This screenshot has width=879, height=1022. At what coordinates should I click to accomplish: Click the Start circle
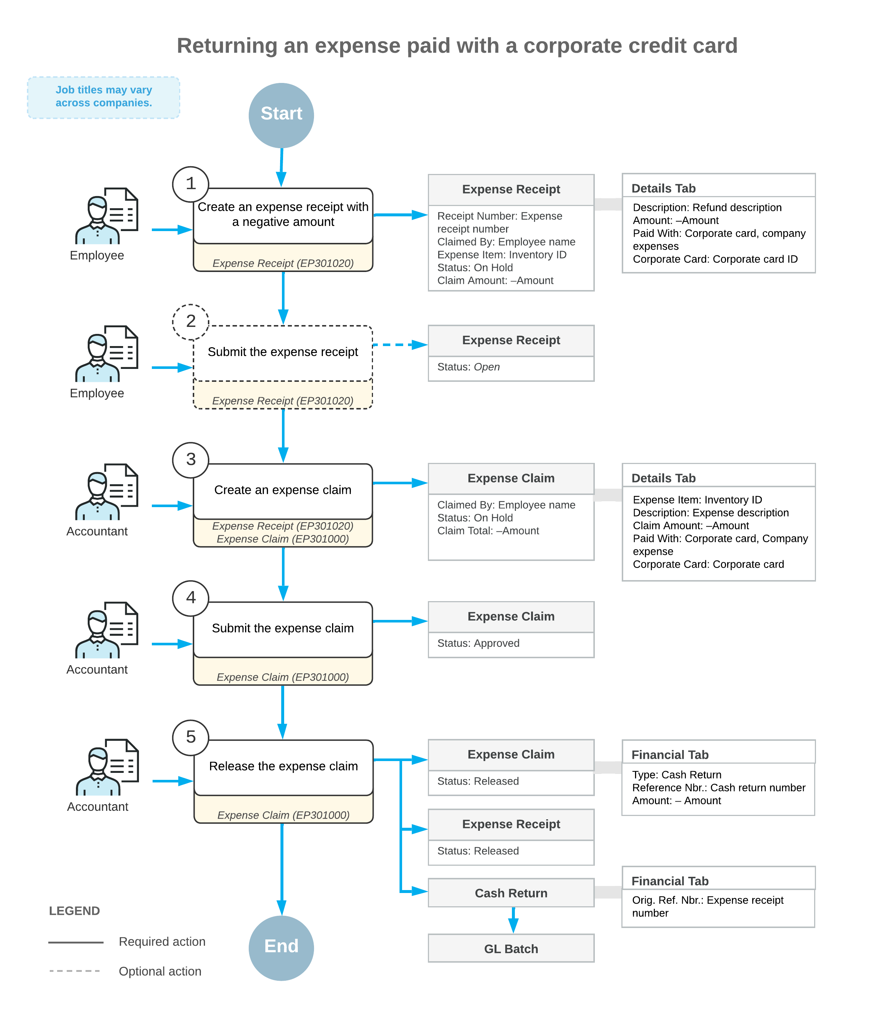click(x=281, y=115)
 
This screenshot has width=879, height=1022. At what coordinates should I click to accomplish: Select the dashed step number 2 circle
click(x=191, y=322)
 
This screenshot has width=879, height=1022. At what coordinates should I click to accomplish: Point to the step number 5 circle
click(x=191, y=737)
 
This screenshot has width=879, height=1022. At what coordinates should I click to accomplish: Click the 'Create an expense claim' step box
click(x=283, y=505)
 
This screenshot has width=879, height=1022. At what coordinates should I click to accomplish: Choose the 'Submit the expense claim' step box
click(x=283, y=643)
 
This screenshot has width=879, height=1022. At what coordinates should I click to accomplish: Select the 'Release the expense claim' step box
click(x=284, y=781)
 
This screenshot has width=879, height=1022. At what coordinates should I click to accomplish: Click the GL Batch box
click(x=511, y=948)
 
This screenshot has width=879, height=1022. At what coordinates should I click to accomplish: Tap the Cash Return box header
click(x=511, y=893)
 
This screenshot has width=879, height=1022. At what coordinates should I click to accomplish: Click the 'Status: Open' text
click(x=468, y=367)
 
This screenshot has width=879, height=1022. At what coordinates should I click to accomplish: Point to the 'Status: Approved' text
click(x=478, y=643)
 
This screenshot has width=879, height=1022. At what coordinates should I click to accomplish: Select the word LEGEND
click(x=74, y=911)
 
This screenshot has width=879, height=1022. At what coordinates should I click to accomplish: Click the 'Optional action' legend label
click(x=160, y=971)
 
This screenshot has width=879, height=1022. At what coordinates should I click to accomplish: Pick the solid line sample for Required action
click(x=76, y=942)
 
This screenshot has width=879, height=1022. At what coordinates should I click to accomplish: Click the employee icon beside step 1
click(x=107, y=216)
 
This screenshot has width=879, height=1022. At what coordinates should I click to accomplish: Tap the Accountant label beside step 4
click(x=97, y=669)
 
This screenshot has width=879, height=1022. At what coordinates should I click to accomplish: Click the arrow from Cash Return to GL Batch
click(x=513, y=920)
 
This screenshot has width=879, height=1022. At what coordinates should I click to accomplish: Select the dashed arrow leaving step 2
click(x=400, y=345)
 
